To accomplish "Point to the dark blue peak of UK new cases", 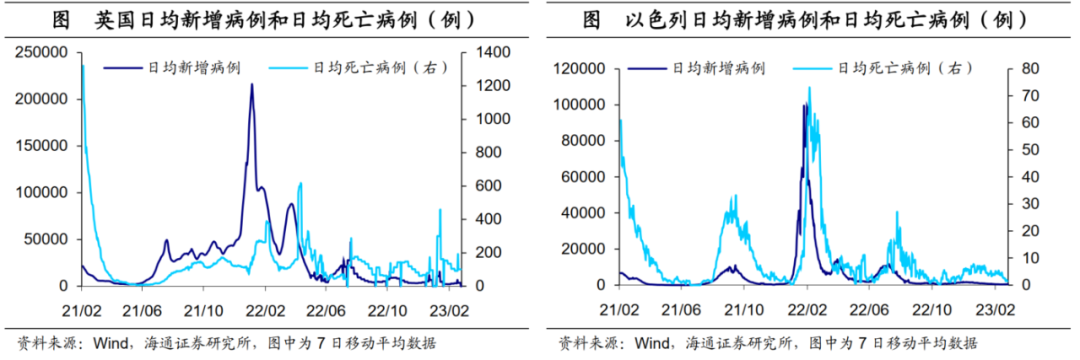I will [x=251, y=84].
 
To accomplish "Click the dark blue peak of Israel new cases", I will [x=805, y=104].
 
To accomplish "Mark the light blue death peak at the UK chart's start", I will [x=82, y=66].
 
